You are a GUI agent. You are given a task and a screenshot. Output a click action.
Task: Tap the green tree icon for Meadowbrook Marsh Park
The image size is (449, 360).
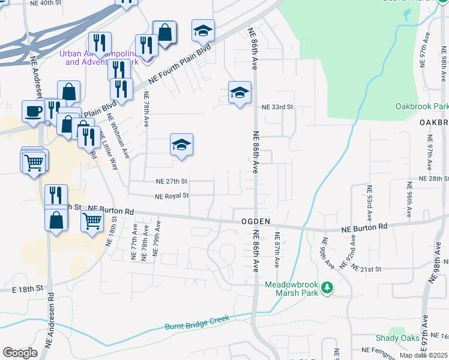tap(327, 288)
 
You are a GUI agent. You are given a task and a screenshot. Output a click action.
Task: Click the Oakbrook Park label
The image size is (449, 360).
tap(421, 106)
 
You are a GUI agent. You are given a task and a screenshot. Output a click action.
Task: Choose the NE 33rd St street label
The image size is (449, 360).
tap(277, 107)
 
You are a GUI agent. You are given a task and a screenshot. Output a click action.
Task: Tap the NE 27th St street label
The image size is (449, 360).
tap(172, 181)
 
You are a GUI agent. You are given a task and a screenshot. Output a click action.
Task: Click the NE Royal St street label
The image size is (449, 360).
tap(172, 196)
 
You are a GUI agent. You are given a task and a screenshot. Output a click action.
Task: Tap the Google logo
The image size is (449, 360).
tap(20, 353)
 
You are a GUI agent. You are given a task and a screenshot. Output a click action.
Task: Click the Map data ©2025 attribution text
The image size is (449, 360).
tap(423, 355)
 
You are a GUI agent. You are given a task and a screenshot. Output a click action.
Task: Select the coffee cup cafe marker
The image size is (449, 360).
tap(34, 110)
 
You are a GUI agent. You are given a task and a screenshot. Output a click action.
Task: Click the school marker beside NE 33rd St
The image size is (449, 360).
tap(240, 92)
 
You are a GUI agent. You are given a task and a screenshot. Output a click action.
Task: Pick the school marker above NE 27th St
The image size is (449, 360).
tap(181, 145)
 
